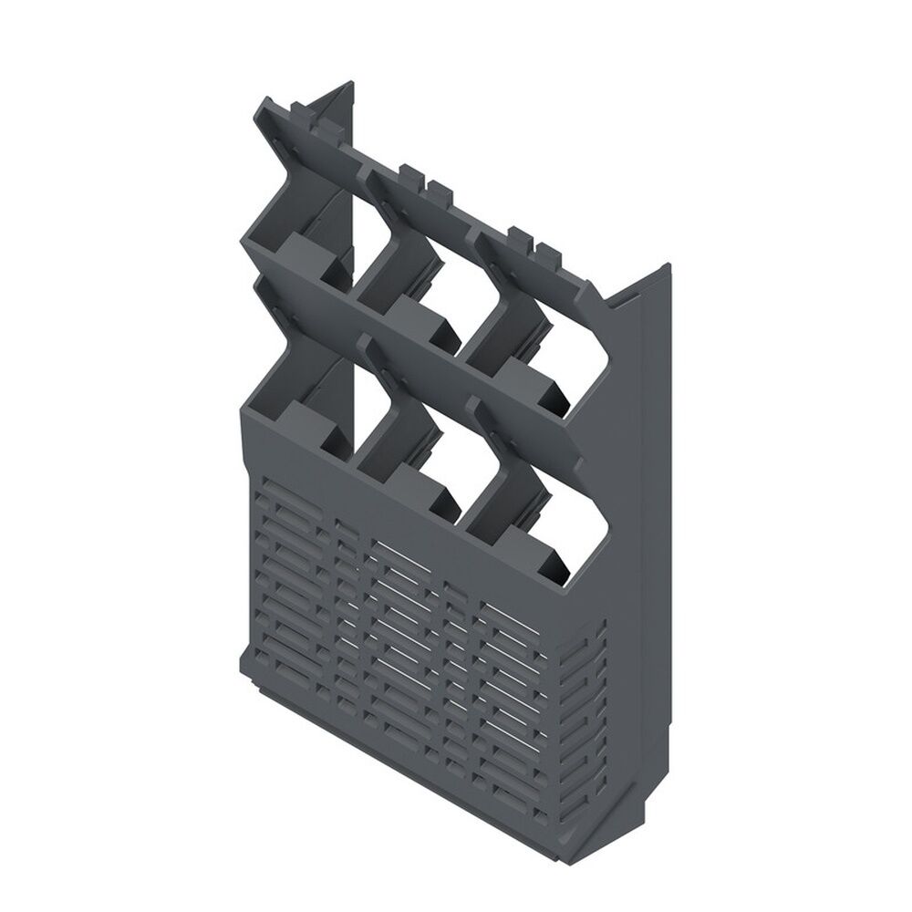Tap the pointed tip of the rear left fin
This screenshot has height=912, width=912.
coord(349,85)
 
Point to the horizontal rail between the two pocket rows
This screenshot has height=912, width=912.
coord(420,356)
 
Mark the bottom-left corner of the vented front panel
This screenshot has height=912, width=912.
coord(248,652)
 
